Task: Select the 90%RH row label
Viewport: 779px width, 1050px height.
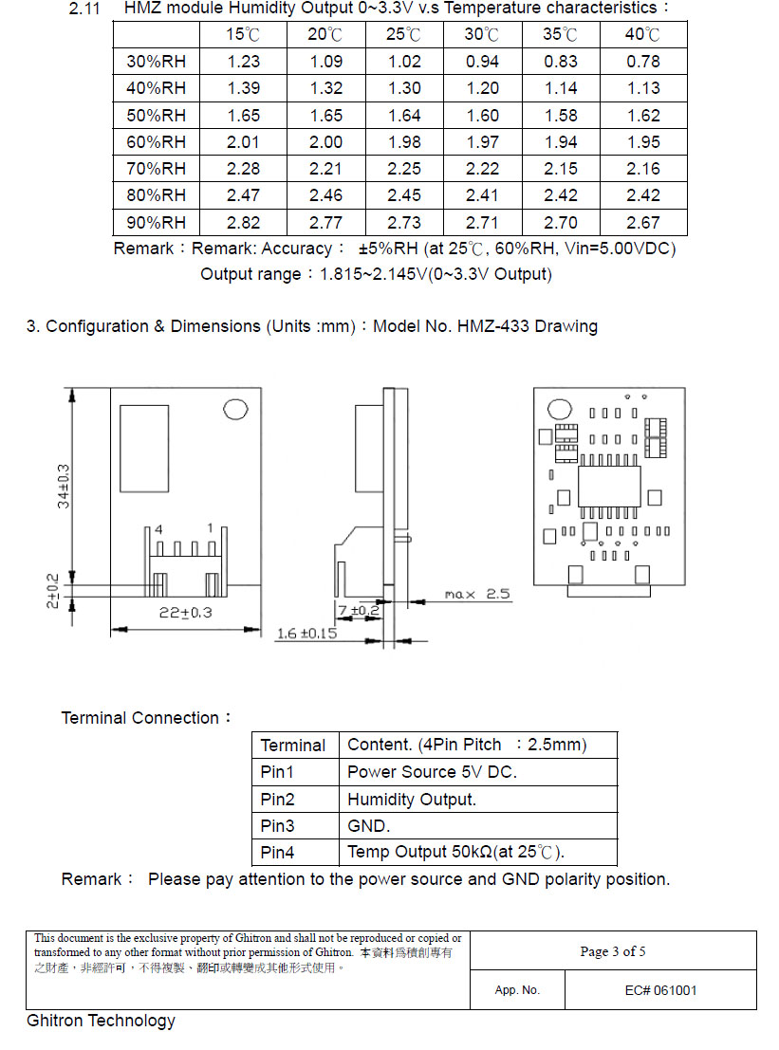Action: (x=157, y=223)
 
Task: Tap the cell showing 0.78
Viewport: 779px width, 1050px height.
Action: (x=643, y=62)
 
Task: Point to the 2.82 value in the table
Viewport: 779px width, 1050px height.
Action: (x=243, y=223)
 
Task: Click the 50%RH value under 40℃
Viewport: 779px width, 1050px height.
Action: (x=643, y=116)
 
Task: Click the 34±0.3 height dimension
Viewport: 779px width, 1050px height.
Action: (x=64, y=486)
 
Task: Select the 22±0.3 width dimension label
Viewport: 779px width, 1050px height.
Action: (x=185, y=613)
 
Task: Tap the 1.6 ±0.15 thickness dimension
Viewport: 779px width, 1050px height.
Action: (x=306, y=633)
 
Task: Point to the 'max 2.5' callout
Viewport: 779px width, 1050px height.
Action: (x=477, y=595)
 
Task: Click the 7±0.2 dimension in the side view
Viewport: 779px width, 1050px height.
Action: (x=359, y=610)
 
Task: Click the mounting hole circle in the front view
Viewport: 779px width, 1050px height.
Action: (x=235, y=410)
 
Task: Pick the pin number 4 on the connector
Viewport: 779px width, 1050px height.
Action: (x=159, y=528)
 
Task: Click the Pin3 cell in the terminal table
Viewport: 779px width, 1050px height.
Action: (x=278, y=825)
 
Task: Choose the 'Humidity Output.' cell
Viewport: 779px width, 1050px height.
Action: (x=412, y=799)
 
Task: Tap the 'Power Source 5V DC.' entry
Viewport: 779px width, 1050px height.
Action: (x=432, y=772)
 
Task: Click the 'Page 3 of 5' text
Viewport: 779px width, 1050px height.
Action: (x=613, y=951)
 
